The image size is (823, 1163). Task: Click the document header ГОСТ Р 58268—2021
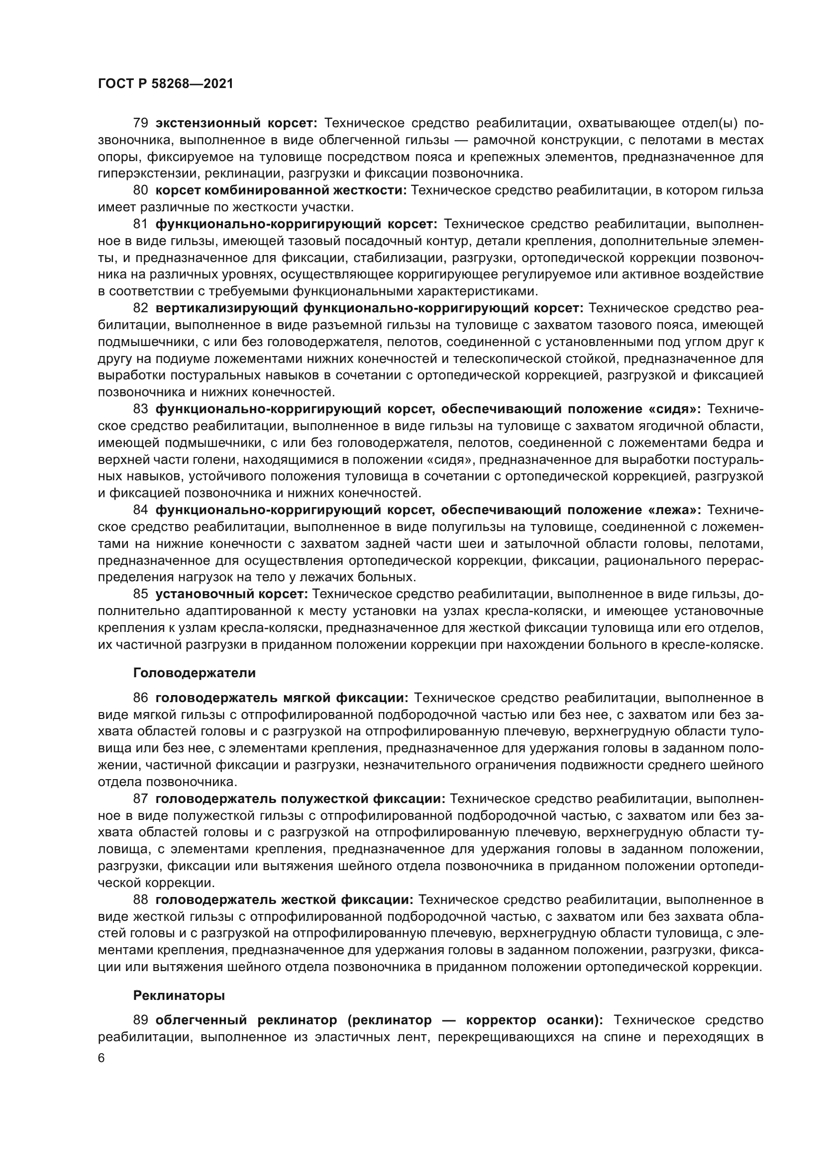tap(166, 84)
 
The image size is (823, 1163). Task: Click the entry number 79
tap(140, 123)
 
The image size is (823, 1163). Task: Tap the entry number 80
tap(140, 190)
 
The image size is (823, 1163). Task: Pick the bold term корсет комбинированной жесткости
tap(281, 190)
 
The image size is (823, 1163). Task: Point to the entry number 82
tap(140, 308)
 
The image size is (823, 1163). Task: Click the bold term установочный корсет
tap(231, 594)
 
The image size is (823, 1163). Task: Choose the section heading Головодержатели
tap(195, 673)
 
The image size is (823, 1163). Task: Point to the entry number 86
tap(140, 698)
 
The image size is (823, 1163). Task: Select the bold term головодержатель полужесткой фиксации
tap(300, 799)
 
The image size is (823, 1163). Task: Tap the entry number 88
tap(140, 899)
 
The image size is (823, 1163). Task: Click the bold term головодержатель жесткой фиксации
tap(284, 899)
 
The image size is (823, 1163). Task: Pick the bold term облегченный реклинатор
tap(246, 1020)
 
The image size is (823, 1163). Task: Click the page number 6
tap(102, 1059)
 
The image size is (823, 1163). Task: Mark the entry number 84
tap(140, 510)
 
